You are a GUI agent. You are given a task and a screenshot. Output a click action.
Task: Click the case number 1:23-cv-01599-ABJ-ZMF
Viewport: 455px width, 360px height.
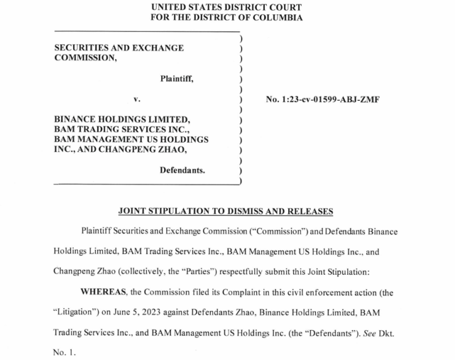pos(322,100)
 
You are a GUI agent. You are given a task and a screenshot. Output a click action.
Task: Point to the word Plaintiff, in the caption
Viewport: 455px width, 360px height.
pos(177,79)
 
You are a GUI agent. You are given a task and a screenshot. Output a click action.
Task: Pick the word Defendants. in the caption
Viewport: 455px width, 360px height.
pos(182,170)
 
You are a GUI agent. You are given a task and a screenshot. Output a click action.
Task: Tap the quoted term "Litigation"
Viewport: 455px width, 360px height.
pos(74,313)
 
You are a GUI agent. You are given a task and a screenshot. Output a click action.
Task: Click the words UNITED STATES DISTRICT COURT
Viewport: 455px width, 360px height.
pos(227,7)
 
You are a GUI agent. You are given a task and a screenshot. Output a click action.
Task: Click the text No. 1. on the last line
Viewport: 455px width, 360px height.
pos(64,353)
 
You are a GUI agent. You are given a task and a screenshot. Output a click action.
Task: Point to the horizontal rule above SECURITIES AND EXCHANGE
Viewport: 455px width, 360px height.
pos(147,31)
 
